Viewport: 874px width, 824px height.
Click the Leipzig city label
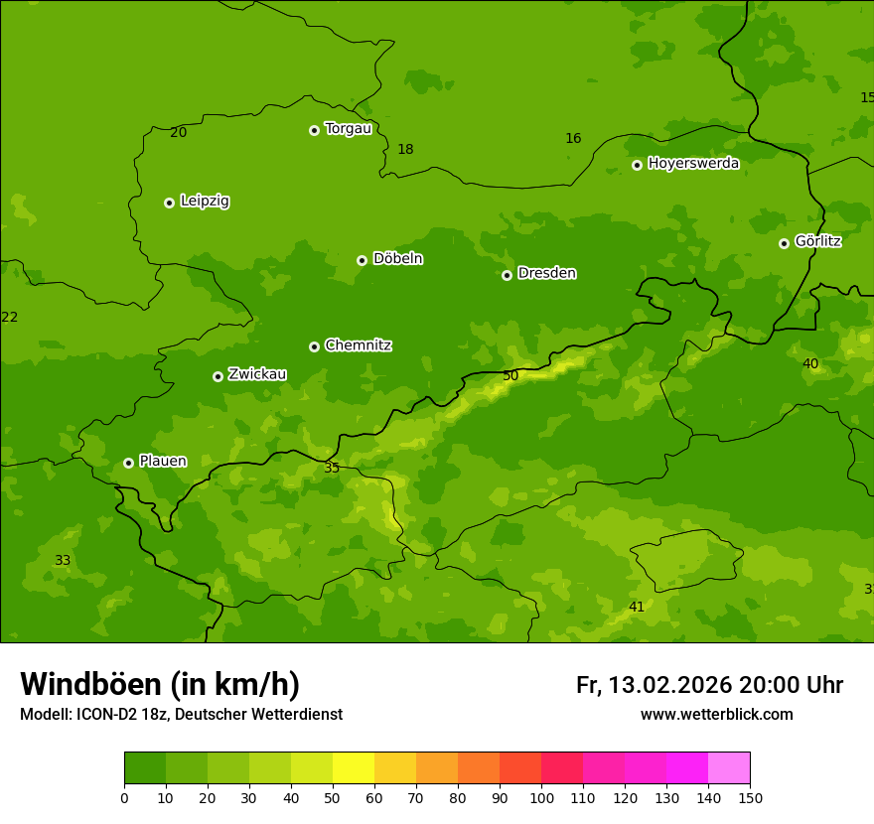tap(205, 202)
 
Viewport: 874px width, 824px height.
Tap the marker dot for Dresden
tap(507, 275)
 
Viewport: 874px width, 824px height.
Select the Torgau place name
tap(348, 129)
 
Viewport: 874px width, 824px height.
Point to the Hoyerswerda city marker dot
tap(637, 165)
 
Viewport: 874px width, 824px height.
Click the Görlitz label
tap(818, 241)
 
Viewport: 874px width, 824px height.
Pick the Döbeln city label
tap(397, 259)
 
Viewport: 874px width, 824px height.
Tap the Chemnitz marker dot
tap(314, 346)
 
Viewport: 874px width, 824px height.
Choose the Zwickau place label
tap(257, 374)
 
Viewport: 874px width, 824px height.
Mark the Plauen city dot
tap(128, 463)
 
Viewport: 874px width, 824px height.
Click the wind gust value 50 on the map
tap(510, 376)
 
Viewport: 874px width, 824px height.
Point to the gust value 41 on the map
tap(637, 607)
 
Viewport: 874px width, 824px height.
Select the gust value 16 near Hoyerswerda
tap(573, 139)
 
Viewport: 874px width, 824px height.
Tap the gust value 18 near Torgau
tap(405, 150)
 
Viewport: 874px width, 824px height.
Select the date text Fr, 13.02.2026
tap(654, 685)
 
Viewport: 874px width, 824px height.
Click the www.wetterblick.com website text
tap(716, 715)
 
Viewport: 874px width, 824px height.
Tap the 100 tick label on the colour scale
tap(541, 798)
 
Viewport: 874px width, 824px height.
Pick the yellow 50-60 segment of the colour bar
tap(354, 768)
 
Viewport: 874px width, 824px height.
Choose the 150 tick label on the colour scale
tap(750, 798)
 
